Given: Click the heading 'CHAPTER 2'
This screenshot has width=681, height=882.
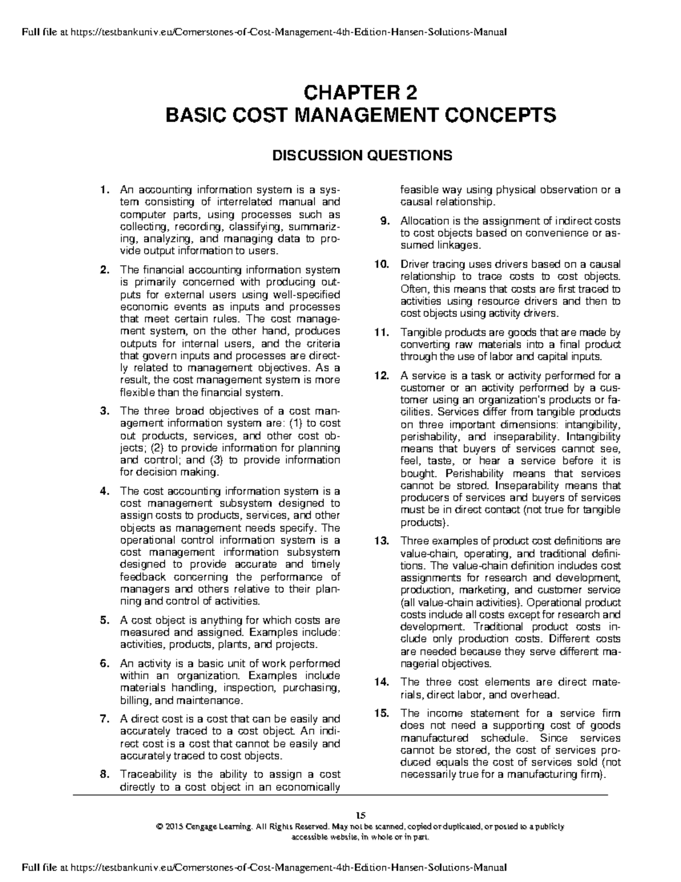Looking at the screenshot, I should (x=360, y=92).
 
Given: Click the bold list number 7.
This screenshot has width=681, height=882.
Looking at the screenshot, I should (x=103, y=719).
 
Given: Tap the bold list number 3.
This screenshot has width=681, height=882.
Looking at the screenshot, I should (x=103, y=411).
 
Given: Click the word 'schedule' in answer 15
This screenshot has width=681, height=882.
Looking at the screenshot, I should (x=503, y=738).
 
